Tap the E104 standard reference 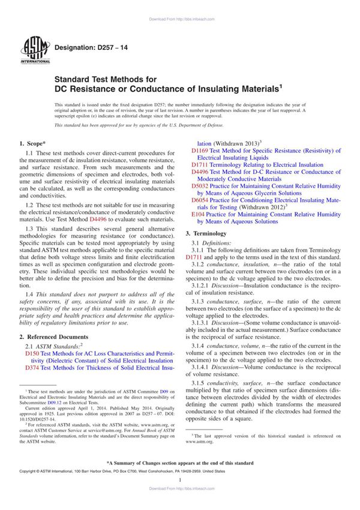[x=198, y=214]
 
